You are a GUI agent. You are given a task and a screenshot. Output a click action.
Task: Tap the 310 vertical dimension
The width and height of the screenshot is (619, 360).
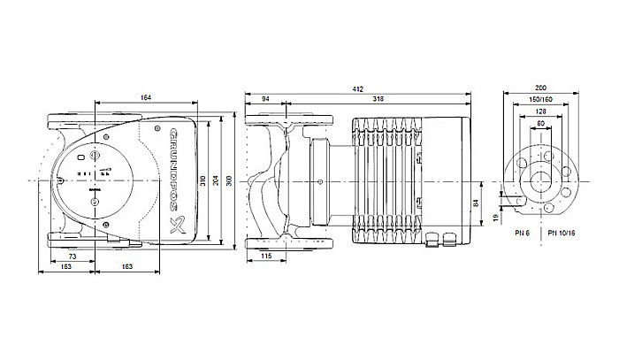[x=203, y=182]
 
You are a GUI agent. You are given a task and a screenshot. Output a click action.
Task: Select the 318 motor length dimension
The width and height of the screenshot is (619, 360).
[x=379, y=97]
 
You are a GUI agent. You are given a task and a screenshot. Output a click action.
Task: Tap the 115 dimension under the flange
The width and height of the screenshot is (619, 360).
[x=266, y=257]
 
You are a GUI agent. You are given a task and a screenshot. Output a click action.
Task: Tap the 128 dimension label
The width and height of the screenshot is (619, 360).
[x=540, y=111]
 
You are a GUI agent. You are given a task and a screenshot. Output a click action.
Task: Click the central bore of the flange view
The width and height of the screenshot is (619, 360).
[x=541, y=181]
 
